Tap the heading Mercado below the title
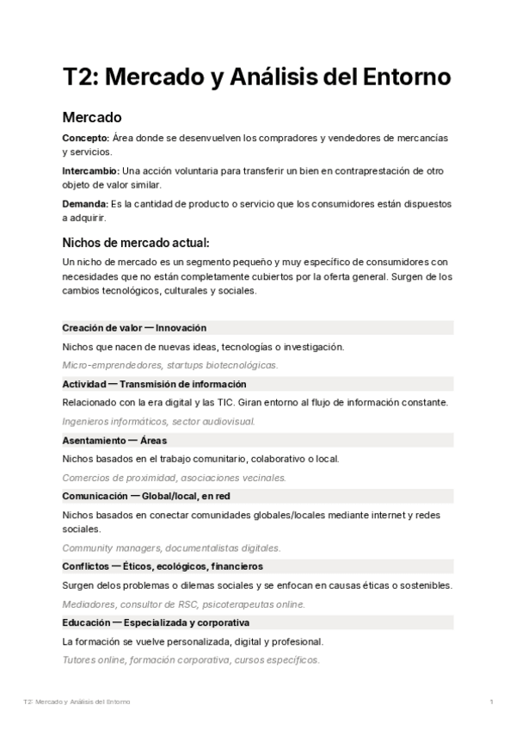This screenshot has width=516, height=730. click(92, 116)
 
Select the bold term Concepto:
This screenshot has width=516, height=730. click(85, 138)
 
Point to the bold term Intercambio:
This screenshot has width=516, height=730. click(90, 170)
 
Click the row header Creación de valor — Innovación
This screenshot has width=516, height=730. click(134, 328)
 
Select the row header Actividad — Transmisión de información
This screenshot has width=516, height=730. click(155, 384)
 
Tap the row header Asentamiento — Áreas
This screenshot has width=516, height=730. click(114, 440)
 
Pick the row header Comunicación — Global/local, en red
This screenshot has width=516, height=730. click(146, 496)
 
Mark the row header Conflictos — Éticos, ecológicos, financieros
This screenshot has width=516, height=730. click(163, 566)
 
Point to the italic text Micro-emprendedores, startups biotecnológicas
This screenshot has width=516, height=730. click(170, 366)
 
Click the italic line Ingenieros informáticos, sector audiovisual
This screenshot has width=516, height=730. click(158, 422)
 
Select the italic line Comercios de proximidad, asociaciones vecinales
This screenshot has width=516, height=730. click(174, 478)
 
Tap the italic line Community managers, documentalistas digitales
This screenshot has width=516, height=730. click(171, 548)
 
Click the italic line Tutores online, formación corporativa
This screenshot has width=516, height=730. click(191, 660)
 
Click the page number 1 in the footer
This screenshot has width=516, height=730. click(491, 703)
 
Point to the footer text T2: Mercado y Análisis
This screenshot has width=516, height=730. click(77, 703)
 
